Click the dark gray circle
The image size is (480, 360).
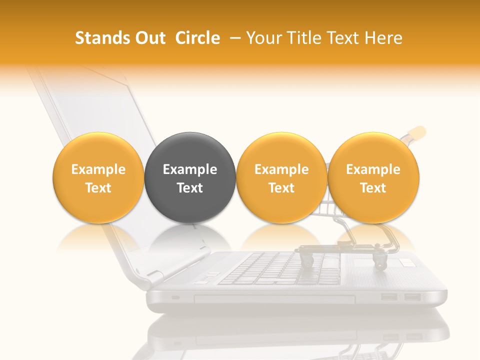(190, 177)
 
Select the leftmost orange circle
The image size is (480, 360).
(98, 177)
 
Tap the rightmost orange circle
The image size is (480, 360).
(373, 177)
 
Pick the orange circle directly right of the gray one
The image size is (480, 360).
(281, 177)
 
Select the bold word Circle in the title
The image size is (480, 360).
(197, 38)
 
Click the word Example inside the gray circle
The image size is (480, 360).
(190, 169)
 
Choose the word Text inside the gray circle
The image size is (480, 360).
(190, 188)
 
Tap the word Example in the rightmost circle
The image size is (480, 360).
(373, 169)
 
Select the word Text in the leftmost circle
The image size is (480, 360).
(98, 188)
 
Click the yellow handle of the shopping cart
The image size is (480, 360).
(416, 133)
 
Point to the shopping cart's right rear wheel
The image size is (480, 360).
(380, 260)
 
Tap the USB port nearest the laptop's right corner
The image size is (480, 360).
(412, 297)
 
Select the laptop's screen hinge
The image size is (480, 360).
(155, 276)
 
